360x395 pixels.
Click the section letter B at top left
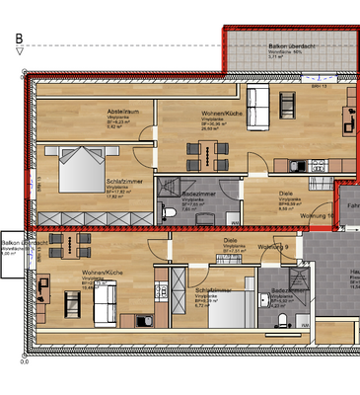(x=18, y=39)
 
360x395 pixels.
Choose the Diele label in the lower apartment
(x=229, y=240)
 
